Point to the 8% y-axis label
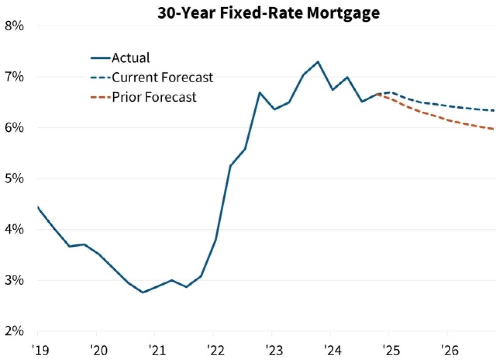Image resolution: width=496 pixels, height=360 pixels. tap(14, 26)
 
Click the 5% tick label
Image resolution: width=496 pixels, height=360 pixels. tap(14, 179)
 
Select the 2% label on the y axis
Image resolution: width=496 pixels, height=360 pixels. tap(14, 331)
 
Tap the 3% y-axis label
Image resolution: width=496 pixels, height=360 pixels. tap(14, 280)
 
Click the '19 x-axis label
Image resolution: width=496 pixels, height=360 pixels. tap(40, 350)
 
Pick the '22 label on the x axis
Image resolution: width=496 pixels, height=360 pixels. tap(216, 350)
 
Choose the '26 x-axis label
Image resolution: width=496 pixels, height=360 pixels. tap(449, 350)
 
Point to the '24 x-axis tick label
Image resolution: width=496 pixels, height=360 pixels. tap(332, 350)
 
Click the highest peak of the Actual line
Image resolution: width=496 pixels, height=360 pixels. tap(318, 62)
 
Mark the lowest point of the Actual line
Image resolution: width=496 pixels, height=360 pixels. tap(143, 293)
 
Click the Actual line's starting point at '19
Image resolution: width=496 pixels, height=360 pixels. tap(38, 207)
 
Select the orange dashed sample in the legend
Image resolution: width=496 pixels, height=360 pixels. tap(100, 97)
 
